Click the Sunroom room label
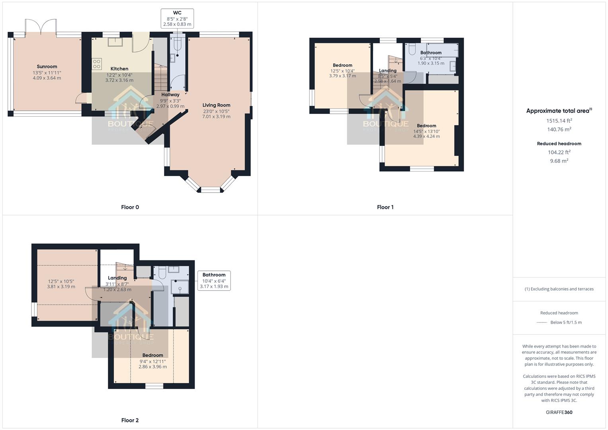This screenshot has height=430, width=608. coord(47,66)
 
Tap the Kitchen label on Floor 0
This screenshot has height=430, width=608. coord(119,69)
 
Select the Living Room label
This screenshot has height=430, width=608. coord(216,105)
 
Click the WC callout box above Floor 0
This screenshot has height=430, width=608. coord(177,18)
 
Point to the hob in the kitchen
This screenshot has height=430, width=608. coord(97,64)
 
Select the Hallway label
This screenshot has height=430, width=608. coord(170,95)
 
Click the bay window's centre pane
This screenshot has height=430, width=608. coord(210,190)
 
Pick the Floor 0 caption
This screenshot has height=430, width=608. coord(130,207)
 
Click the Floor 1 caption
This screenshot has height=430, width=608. coord(385,207)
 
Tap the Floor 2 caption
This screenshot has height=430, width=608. coord(130,420)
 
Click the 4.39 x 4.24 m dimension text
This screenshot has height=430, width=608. coord(426,136)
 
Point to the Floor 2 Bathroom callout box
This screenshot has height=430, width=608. coord(214,280)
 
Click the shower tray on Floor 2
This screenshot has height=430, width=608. coord(180,286)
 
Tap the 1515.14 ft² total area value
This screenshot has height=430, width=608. coord(559,121)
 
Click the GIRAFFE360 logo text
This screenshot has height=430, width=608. coord(559,412)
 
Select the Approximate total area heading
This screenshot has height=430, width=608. coord(559,111)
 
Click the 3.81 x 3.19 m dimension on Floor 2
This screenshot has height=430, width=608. coord(61,287)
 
